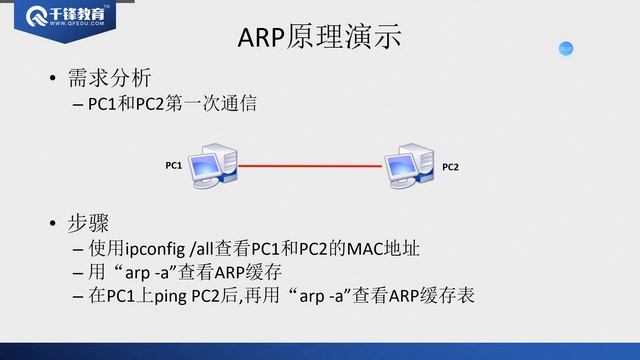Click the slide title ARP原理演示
click(x=319, y=37)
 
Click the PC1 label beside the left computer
click(x=173, y=165)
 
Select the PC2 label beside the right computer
click(x=450, y=167)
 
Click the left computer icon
click(x=213, y=166)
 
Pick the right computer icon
click(x=409, y=166)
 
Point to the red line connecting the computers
click(x=310, y=166)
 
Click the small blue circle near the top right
click(x=566, y=49)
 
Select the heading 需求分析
click(x=109, y=78)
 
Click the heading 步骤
click(x=88, y=223)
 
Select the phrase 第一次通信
click(x=211, y=104)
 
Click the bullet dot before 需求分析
click(x=52, y=78)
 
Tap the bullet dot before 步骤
click(x=52, y=223)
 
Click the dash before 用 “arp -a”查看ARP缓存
click(x=78, y=273)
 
